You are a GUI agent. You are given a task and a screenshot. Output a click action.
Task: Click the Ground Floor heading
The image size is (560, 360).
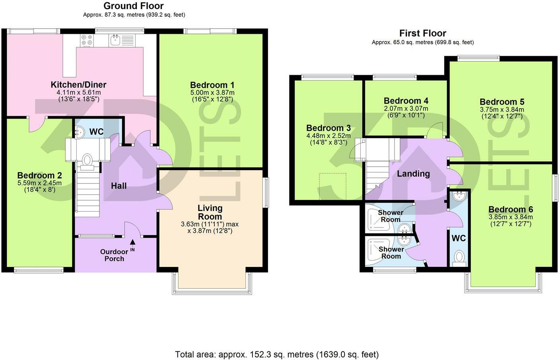[134, 6]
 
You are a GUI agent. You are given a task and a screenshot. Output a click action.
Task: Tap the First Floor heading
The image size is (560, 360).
[422, 33]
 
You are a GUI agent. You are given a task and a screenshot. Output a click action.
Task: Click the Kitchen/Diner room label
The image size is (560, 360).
[78, 84]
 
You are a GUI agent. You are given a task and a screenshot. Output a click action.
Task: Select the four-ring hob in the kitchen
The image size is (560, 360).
[87, 40]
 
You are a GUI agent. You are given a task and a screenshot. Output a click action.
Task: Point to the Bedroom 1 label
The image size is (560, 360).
[212, 85]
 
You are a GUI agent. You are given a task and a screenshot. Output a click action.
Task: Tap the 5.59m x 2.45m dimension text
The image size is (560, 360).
[39, 183]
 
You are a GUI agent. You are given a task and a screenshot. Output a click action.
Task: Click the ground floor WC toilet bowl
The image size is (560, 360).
[87, 160]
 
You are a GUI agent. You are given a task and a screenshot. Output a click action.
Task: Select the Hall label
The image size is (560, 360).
[119, 186]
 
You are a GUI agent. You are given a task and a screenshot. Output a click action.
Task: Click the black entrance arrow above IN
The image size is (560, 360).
[132, 242]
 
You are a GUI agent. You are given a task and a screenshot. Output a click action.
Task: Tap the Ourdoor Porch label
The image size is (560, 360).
[114, 255]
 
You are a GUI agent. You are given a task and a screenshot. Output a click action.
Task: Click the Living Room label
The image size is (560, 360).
[210, 212]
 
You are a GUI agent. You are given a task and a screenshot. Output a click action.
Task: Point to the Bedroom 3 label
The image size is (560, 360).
[329, 128]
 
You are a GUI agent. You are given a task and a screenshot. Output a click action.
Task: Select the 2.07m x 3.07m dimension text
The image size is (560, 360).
[406, 109]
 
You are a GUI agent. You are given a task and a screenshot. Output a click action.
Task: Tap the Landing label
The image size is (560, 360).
[413, 173]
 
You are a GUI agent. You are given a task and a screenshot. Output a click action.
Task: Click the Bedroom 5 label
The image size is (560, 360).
[502, 102]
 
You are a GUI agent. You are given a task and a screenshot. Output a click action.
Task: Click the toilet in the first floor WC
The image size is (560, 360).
[459, 257]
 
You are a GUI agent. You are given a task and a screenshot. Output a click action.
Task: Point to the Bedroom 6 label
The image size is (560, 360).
[511, 209]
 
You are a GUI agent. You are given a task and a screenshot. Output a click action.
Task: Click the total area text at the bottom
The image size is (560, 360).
[277, 354]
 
